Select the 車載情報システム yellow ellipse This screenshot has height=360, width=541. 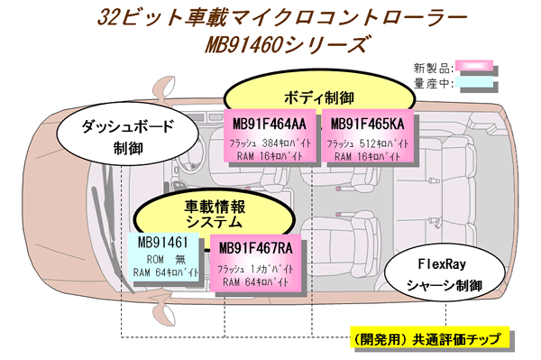215,212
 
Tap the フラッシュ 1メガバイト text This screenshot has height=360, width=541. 255,268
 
